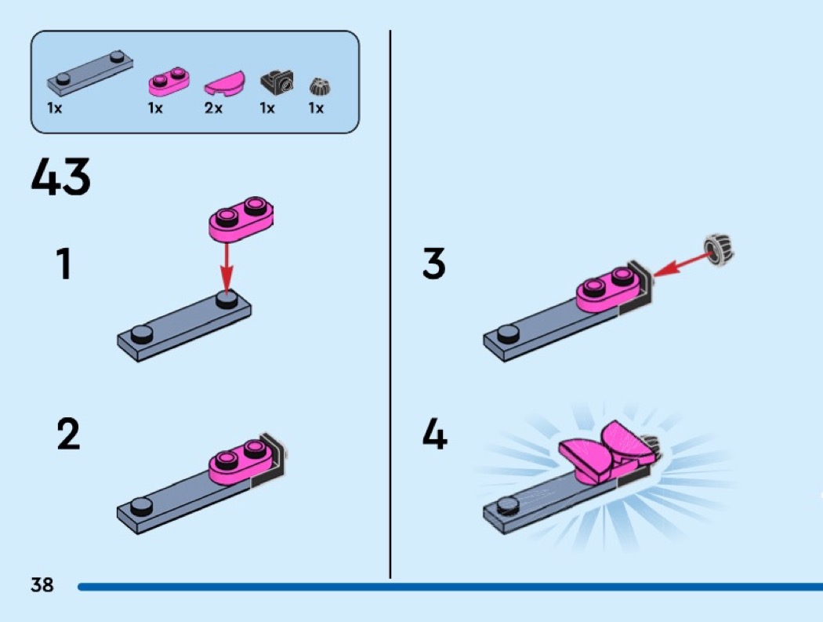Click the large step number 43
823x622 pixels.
click(61, 178)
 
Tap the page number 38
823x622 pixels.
click(42, 584)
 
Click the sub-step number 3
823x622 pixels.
click(433, 264)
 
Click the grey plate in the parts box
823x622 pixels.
click(90, 70)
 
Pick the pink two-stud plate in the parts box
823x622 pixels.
click(169, 78)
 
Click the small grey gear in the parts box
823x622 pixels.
click(317, 85)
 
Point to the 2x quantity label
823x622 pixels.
click(213, 108)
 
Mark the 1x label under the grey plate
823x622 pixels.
click(55, 108)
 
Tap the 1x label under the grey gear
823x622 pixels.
click(316, 108)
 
